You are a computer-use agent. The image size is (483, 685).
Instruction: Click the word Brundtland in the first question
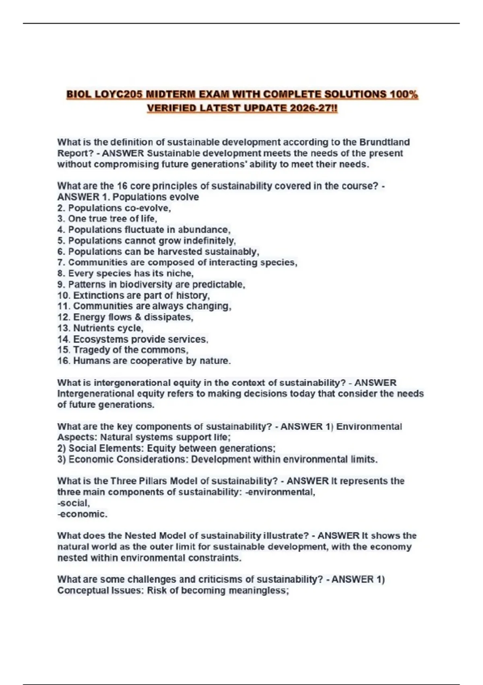point(384,142)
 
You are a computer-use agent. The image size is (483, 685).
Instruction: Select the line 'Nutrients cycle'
point(100,328)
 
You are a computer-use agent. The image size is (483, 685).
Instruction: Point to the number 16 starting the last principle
point(63,361)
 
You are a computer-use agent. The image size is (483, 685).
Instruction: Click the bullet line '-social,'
point(74,503)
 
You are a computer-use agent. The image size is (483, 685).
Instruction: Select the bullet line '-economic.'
point(82,514)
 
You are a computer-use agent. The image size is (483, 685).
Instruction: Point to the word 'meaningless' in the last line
point(258,590)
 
